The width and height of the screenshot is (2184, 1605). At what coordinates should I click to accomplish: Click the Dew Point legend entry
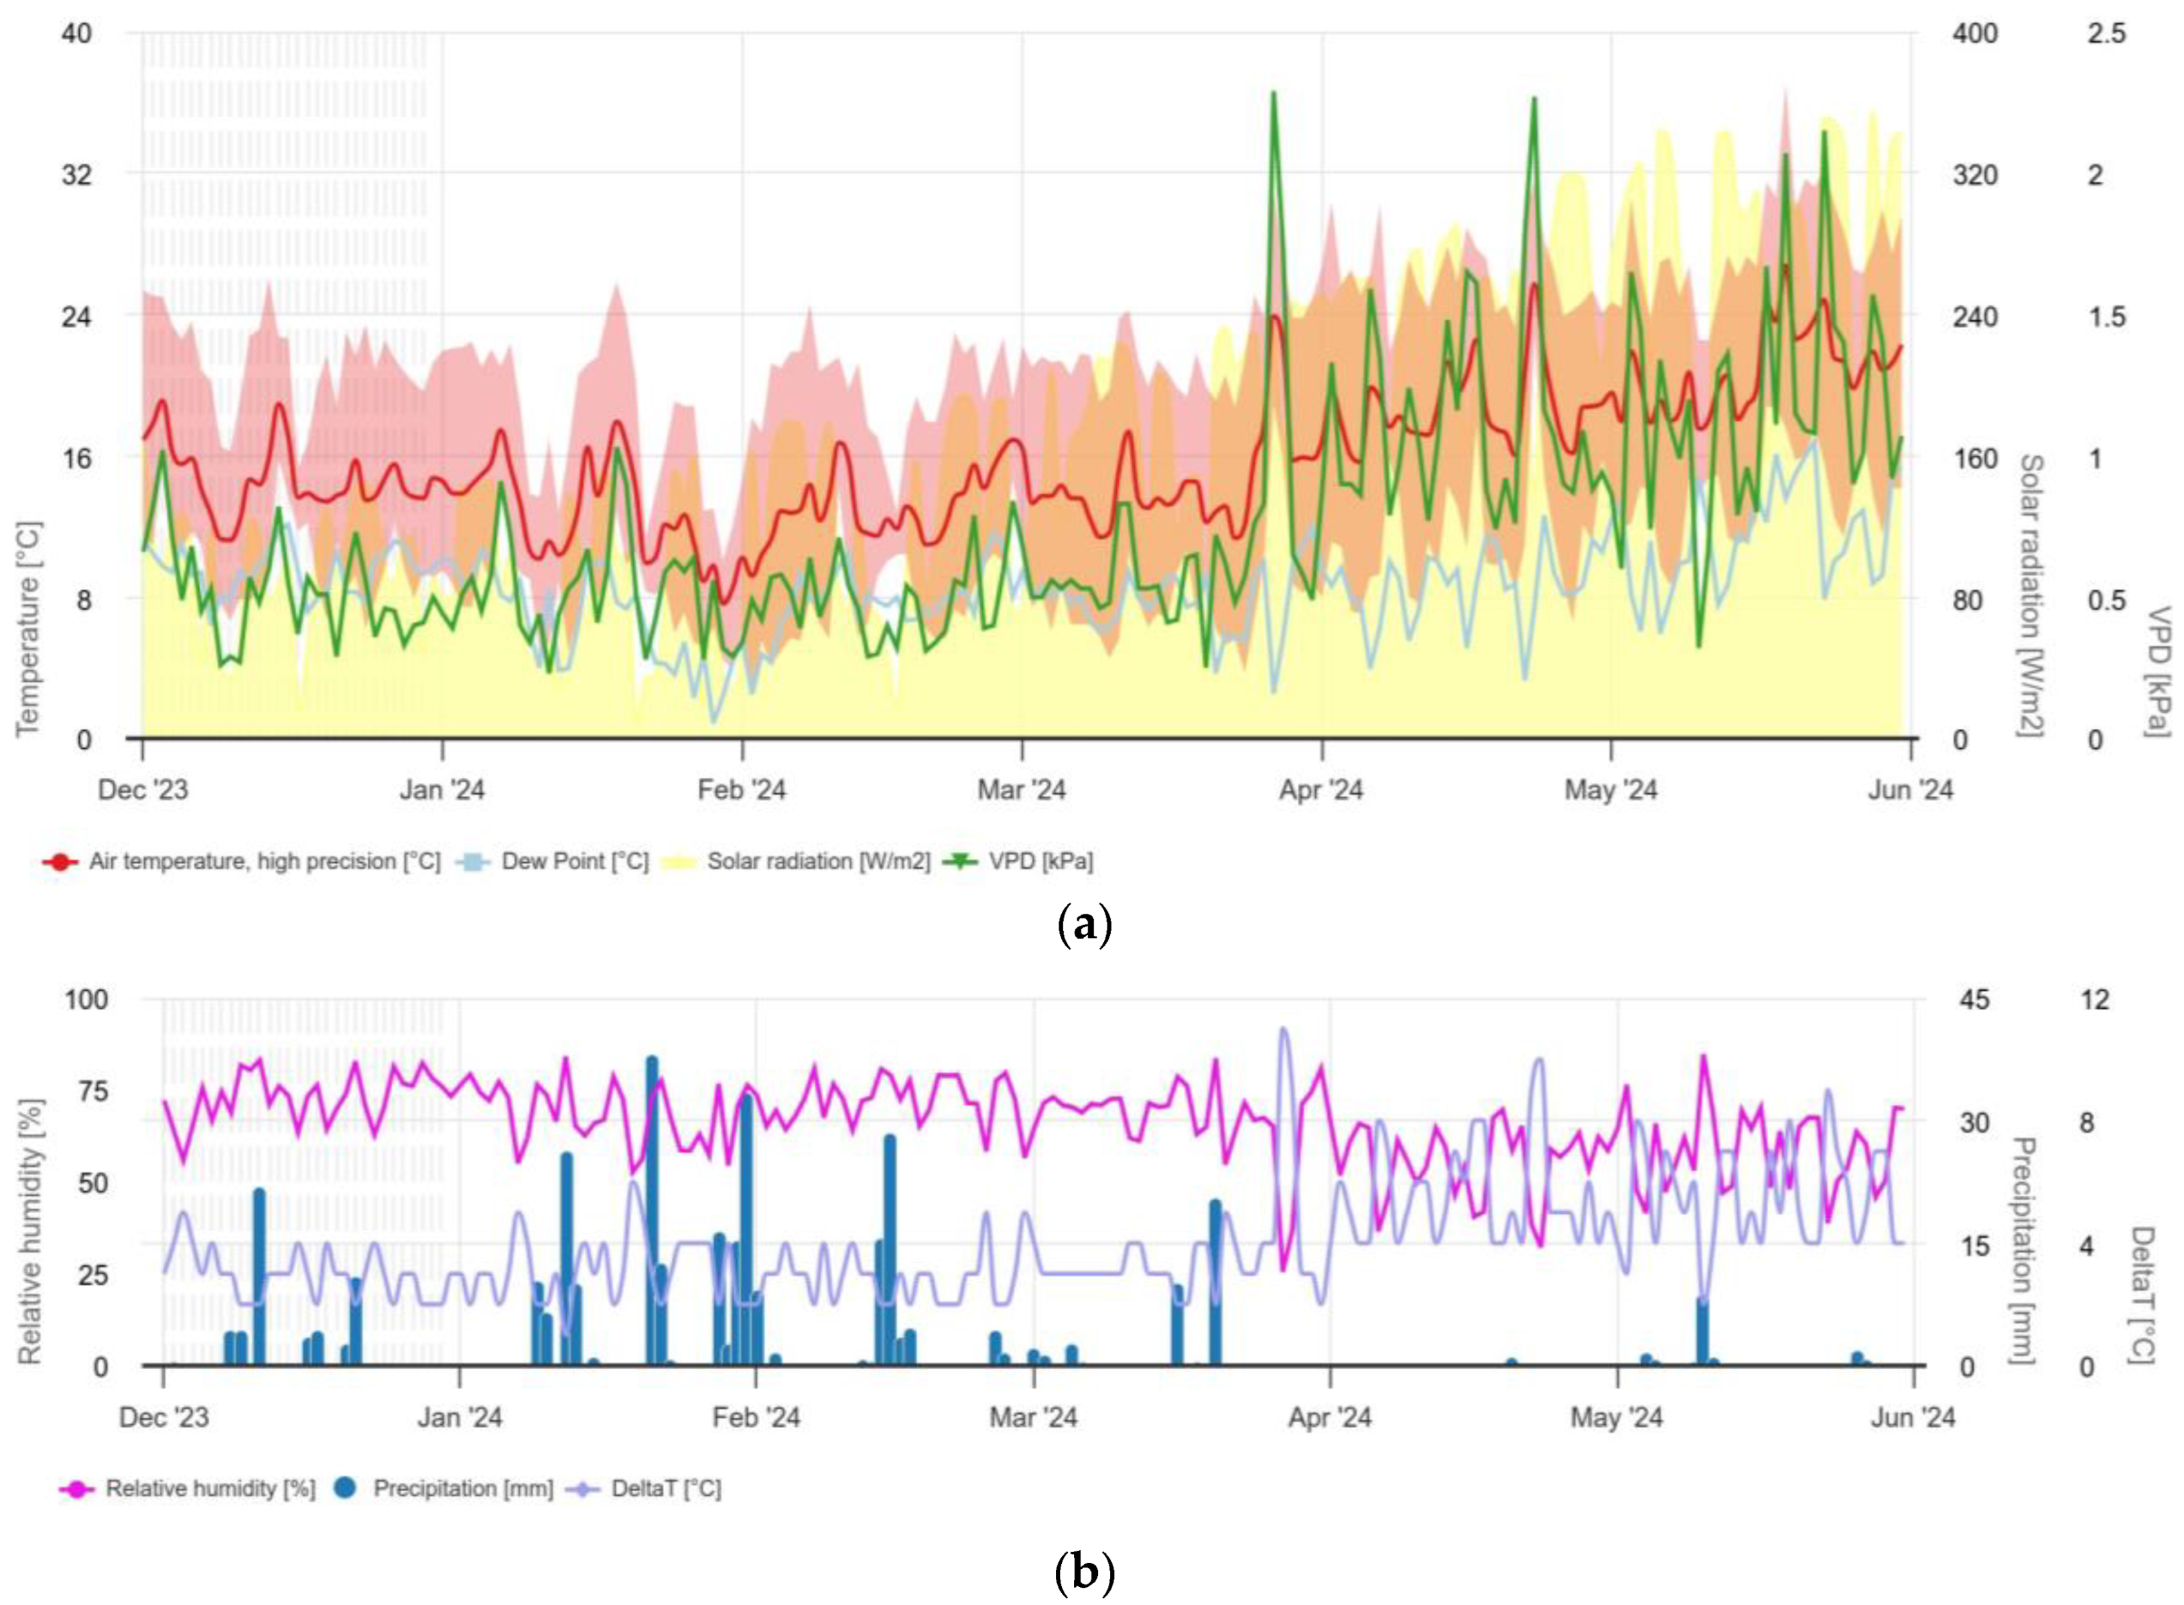[573, 861]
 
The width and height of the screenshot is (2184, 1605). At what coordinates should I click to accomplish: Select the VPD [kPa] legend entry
[1040, 861]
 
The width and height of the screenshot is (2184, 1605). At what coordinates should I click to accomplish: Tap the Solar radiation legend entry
[817, 861]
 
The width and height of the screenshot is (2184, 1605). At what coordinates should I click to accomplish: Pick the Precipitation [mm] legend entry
[462, 1488]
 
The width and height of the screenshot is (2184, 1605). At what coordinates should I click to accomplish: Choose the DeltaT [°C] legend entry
[665, 1488]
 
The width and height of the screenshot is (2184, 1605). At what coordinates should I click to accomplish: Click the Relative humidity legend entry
[209, 1488]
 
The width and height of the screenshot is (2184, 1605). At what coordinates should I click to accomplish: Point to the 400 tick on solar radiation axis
[1974, 34]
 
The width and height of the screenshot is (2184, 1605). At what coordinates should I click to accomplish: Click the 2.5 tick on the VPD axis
[2106, 34]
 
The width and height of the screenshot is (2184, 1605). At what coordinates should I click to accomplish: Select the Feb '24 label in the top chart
[741, 790]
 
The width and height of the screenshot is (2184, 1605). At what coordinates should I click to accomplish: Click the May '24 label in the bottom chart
[1617, 1417]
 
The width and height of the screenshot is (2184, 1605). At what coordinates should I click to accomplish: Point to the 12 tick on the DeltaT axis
[2096, 999]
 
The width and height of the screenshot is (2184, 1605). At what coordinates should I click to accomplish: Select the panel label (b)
[1083, 1571]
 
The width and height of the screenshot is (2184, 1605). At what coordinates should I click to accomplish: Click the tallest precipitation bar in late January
[652, 1204]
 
